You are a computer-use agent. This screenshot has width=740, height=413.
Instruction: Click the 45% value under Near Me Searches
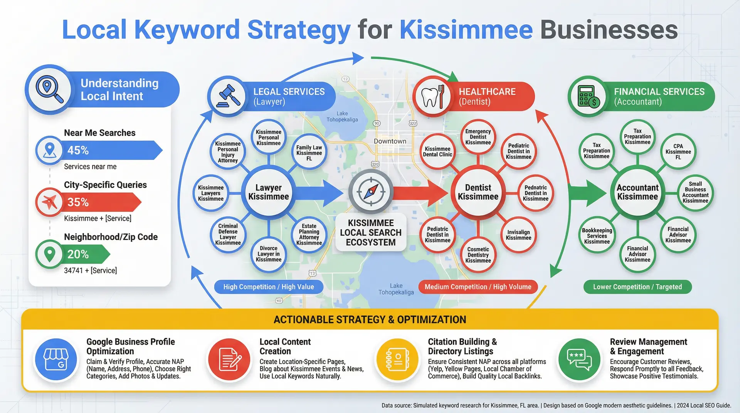click(78, 150)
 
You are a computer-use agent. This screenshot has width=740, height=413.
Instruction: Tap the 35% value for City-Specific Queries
click(78, 202)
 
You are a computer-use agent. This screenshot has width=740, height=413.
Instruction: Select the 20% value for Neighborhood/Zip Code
click(78, 254)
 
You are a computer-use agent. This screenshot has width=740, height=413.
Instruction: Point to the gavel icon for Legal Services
click(228, 96)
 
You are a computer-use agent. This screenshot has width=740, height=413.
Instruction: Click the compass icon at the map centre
click(371, 191)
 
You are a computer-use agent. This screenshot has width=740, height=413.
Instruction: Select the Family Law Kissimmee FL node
click(309, 153)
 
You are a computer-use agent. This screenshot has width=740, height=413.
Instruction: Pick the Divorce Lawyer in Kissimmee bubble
click(269, 254)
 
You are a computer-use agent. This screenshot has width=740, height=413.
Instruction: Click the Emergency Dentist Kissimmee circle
click(478, 137)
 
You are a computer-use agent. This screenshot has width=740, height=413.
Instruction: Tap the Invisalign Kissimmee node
click(518, 235)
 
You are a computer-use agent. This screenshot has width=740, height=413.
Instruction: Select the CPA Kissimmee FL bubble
click(678, 152)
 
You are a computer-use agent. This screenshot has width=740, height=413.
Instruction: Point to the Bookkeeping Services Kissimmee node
click(597, 236)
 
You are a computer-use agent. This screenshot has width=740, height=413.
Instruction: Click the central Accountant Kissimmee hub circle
click(637, 192)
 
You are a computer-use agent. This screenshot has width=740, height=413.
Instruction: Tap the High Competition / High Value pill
click(269, 287)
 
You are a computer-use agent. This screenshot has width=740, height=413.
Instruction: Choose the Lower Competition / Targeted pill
click(637, 287)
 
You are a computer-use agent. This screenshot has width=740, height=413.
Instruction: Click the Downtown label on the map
click(390, 141)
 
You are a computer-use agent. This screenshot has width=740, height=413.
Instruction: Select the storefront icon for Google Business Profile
click(56, 359)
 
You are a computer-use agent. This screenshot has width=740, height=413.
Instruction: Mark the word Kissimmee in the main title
click(466, 30)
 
